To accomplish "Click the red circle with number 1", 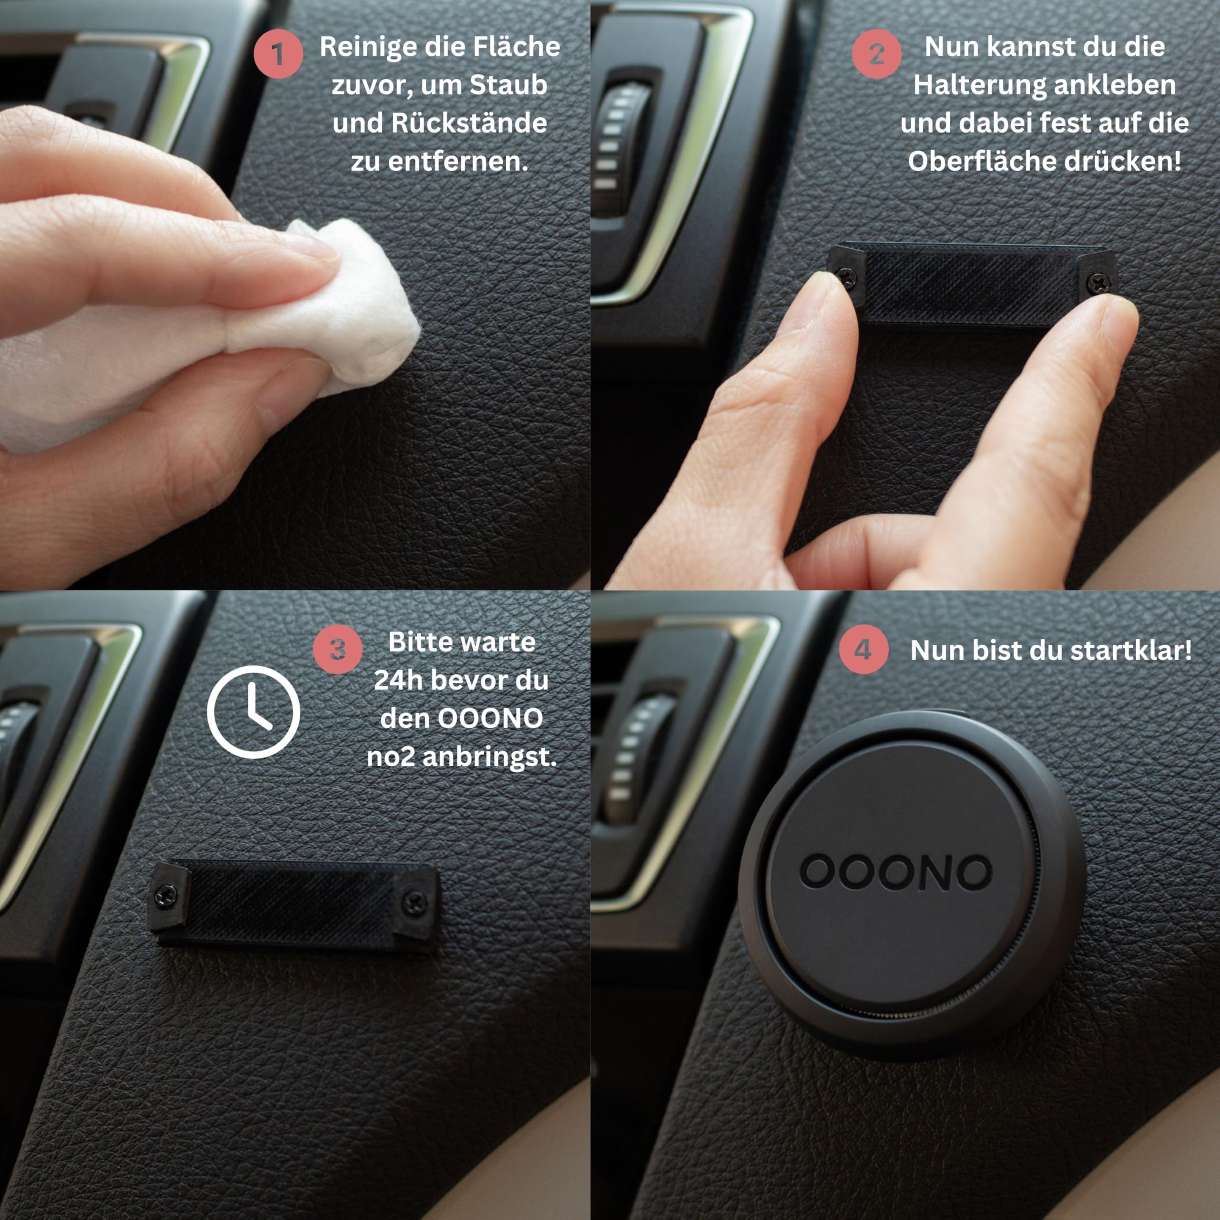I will tap(278, 54).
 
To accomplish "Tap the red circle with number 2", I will tap(876, 54).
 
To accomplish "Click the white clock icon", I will tap(253, 712).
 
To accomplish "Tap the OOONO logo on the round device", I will tap(895, 872).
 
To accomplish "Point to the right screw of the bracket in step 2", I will tap(1099, 280).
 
